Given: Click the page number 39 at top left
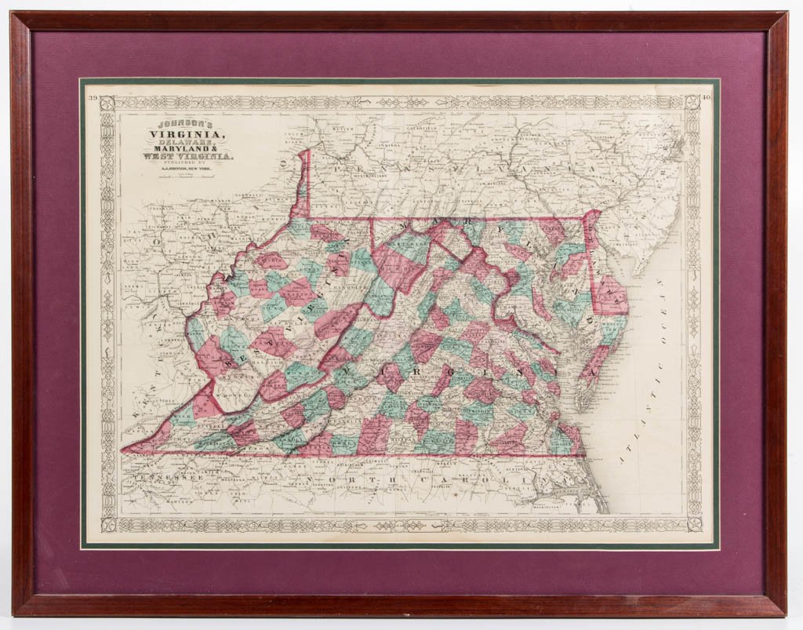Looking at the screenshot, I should pos(93,98).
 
